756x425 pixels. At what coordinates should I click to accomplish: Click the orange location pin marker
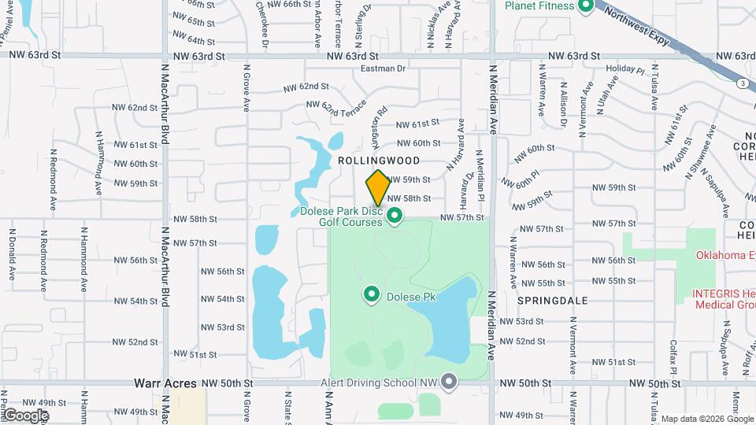pyautogui.click(x=378, y=187)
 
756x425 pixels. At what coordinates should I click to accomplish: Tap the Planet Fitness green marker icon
pyautogui.click(x=585, y=7)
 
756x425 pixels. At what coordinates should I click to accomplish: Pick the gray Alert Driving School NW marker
pyautogui.click(x=450, y=382)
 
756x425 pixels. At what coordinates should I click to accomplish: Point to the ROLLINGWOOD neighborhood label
pyautogui.click(x=375, y=160)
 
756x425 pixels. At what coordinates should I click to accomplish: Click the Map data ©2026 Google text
pyautogui.click(x=706, y=419)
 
